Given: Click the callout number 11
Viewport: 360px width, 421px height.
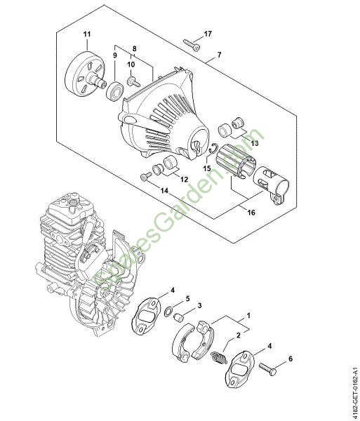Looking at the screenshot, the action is tap(87, 34).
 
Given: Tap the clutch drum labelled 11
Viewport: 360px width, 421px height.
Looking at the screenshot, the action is tap(85, 75).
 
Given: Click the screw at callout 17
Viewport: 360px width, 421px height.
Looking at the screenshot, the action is tap(192, 46).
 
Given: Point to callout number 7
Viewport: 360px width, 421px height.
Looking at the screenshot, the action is tap(220, 55).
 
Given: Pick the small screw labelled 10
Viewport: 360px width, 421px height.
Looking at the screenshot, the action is tap(133, 81).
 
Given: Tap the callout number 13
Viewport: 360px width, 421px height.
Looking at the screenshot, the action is tap(255, 143).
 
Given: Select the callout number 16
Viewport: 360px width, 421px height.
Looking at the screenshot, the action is tap(251, 213).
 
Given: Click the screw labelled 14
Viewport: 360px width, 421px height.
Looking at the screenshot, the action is tap(146, 178).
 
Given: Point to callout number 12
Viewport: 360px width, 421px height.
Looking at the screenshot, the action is tap(184, 180).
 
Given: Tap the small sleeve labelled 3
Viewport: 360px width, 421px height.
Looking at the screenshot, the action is tap(178, 317).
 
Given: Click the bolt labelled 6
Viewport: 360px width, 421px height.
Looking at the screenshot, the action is tap(267, 370).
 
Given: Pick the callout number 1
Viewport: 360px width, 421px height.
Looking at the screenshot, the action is tap(248, 315).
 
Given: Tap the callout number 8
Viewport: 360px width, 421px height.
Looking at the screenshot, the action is tap(134, 49).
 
